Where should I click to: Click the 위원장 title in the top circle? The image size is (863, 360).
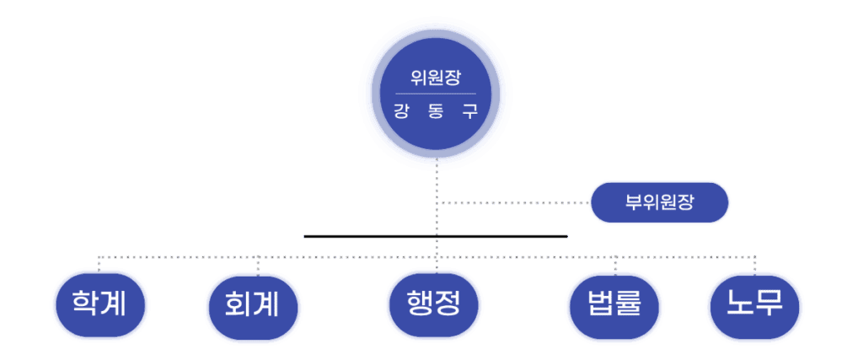(436, 78)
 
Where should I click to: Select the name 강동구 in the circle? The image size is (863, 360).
(436, 110)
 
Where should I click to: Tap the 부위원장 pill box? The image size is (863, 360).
(659, 202)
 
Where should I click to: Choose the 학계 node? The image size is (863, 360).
(99, 304)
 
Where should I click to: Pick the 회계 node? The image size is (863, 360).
(253, 304)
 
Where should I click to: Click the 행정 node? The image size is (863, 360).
(434, 304)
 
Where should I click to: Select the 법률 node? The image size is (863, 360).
(614, 304)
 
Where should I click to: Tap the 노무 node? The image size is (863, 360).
(755, 304)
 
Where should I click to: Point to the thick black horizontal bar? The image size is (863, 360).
(436, 236)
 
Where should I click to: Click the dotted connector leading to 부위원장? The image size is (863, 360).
(514, 202)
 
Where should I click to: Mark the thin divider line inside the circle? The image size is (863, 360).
(436, 94)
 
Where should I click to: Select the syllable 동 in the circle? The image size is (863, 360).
(436, 110)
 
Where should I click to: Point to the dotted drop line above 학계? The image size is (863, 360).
(99, 263)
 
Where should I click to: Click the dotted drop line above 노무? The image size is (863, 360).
(755, 263)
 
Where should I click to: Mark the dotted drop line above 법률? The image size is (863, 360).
(614, 264)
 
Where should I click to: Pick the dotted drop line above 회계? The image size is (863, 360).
(258, 264)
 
